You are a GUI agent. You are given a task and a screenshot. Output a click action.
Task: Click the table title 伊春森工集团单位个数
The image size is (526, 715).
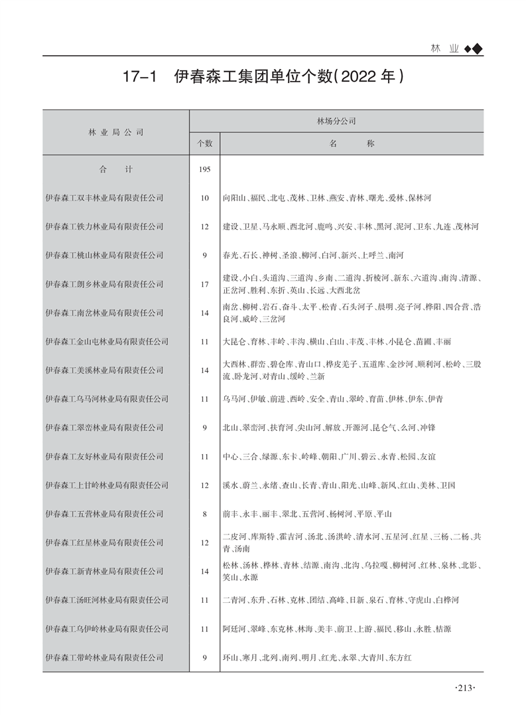pyautogui.click(x=263, y=78)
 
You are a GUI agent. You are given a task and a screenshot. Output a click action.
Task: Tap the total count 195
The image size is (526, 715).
pyautogui.click(x=204, y=169)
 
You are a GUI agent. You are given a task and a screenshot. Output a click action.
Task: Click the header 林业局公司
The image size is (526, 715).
pyautogui.click(x=116, y=132)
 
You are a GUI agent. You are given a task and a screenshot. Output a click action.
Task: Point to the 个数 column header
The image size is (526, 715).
pyautogui.click(x=204, y=143)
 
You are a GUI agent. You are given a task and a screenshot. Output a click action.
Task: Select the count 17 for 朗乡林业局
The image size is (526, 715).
pyautogui.click(x=204, y=284)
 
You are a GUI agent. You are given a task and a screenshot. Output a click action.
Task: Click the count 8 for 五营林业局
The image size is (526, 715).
pyautogui.click(x=204, y=514)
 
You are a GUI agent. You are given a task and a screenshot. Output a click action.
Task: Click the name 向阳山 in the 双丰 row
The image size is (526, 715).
pyautogui.click(x=235, y=198)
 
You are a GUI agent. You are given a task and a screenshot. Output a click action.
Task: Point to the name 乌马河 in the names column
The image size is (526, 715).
pyautogui.click(x=235, y=399)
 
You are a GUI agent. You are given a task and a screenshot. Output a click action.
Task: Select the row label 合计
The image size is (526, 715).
pyautogui.click(x=116, y=169)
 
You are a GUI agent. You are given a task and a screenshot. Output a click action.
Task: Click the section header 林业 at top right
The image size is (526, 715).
pyautogui.click(x=444, y=49)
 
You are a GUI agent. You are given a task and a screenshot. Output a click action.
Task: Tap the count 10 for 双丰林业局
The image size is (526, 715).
pyautogui.click(x=204, y=198)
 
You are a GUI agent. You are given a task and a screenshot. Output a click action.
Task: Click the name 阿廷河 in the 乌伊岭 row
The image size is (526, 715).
pyautogui.click(x=235, y=629)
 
